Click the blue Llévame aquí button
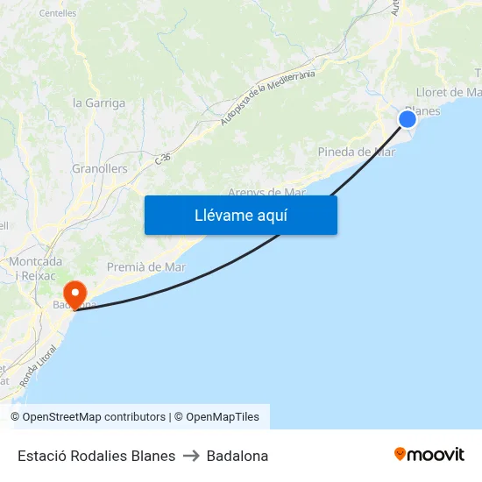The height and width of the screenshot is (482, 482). click(240, 215)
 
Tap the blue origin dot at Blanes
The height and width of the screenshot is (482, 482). click(408, 119)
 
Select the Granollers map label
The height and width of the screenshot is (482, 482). click(99, 168)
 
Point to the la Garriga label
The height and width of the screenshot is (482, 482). click(98, 103)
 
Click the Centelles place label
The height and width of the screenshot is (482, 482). click(58, 13)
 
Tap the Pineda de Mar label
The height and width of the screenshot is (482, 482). click(356, 152)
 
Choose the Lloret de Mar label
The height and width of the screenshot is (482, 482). click(449, 92)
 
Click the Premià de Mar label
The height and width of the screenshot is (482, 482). click(145, 266)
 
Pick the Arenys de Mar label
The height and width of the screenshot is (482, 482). click(266, 192)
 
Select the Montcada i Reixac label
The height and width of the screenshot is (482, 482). click(34, 268)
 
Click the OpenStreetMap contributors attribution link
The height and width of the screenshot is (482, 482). click(94, 417)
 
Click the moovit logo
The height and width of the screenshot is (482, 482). click(429, 455)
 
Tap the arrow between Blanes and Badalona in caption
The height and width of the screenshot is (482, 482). click(191, 456)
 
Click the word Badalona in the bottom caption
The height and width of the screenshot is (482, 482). click(237, 456)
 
